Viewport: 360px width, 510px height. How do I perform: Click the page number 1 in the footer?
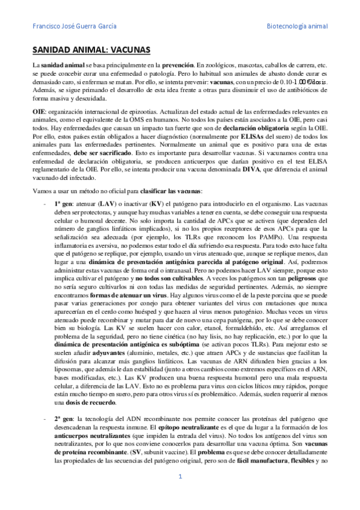pos(180,494)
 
